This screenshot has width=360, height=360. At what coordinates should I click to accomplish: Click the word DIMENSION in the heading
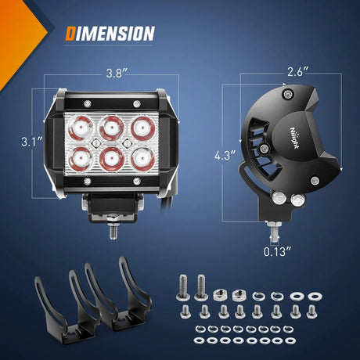110,34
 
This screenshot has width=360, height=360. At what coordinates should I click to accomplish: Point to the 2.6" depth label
298,70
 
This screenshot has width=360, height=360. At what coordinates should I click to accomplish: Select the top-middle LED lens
110,125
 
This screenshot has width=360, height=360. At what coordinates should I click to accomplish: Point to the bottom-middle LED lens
110,157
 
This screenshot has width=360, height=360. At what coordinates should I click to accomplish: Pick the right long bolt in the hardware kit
202,286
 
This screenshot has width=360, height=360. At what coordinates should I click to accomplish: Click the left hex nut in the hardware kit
220,296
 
